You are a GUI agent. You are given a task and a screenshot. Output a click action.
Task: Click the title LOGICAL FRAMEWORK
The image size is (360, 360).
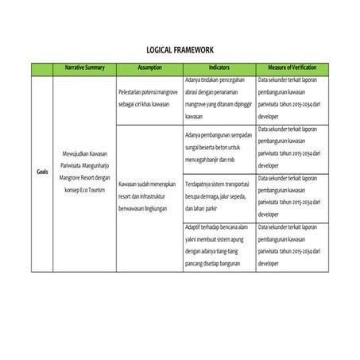pyautogui.click(x=180, y=48)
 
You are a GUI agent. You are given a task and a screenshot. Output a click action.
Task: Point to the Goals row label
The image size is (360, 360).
pyautogui.click(x=41, y=171)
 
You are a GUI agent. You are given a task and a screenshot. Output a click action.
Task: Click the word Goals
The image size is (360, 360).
pyautogui.click(x=41, y=171)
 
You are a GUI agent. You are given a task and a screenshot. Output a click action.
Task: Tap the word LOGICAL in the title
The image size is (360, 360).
pyautogui.click(x=161, y=48)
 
